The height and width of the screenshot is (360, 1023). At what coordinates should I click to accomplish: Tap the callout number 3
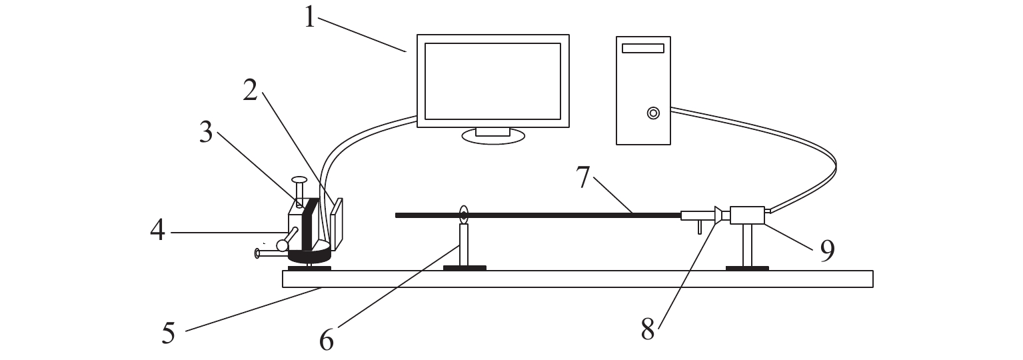(206, 133)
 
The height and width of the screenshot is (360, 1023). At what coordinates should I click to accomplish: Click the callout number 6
(326, 339)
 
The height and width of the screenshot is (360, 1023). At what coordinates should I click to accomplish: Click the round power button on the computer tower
(653, 113)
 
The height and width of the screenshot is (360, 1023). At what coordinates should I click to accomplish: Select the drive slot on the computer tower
(643, 48)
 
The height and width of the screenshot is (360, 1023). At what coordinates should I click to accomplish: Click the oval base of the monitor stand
(493, 136)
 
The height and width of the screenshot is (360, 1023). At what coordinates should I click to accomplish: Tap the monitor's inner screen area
(493, 81)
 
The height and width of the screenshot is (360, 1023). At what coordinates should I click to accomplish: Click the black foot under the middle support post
(465, 268)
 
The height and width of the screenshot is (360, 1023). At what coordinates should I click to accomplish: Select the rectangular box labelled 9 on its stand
(747, 215)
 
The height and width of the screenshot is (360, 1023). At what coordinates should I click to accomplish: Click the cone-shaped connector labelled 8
(718, 215)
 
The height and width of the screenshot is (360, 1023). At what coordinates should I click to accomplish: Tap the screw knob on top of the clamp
(299, 180)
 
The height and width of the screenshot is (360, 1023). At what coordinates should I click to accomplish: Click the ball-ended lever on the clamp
(284, 245)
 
